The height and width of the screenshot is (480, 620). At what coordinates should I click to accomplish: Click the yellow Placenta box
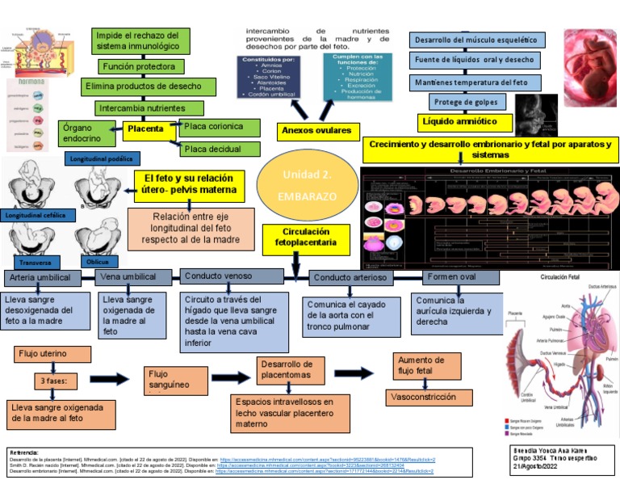145,129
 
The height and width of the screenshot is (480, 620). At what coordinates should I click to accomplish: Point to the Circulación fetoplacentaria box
295,237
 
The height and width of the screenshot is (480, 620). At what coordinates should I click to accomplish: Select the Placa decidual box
220,149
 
